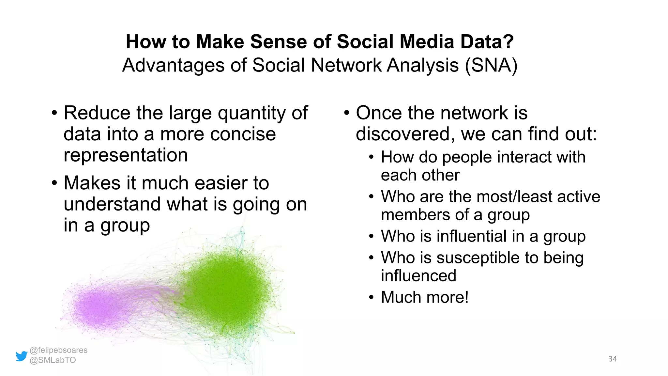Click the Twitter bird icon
point(22,356)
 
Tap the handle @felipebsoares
point(58,350)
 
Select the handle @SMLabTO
point(53,360)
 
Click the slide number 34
point(613,359)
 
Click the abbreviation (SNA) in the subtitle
point(491,65)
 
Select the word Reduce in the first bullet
point(97,113)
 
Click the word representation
point(126,155)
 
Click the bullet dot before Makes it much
point(54,183)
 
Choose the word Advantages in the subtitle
point(173,65)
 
